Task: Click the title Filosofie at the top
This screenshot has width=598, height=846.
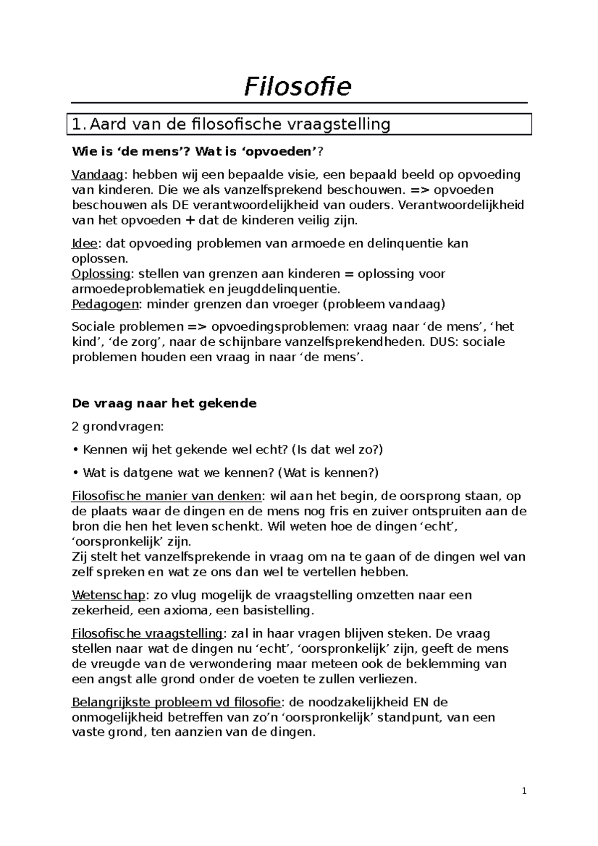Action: click(298, 87)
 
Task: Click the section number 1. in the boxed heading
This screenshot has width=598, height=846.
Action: click(79, 125)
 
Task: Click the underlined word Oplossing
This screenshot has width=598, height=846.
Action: click(101, 274)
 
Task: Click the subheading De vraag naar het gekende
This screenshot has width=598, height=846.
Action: click(164, 404)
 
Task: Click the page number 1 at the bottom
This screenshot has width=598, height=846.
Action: click(524, 791)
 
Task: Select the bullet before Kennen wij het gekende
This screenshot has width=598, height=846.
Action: click(75, 450)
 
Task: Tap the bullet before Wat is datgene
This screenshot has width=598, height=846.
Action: click(75, 473)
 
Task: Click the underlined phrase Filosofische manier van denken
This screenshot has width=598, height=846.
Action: click(166, 496)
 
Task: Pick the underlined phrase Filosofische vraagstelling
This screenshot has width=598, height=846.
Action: click(147, 634)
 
